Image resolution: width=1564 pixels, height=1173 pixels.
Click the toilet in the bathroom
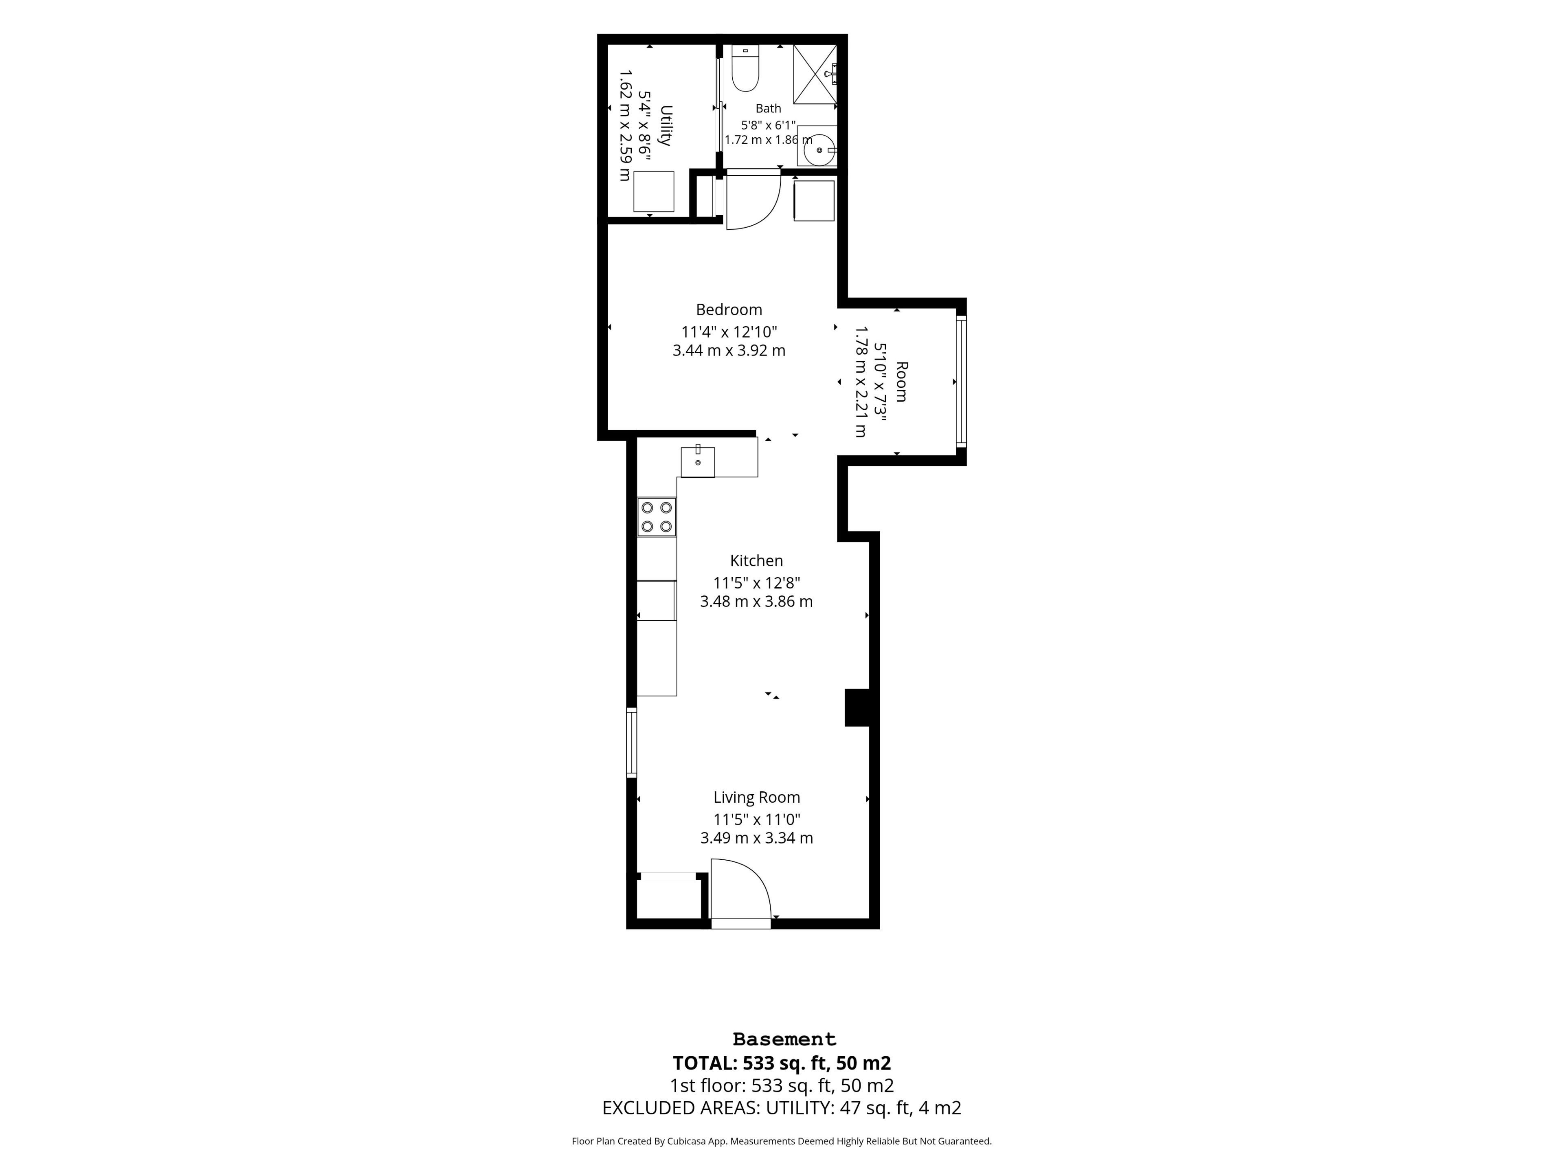(745, 68)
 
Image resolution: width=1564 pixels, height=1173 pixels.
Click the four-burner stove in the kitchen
(656, 517)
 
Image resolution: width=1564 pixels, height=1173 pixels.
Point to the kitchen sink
(698, 461)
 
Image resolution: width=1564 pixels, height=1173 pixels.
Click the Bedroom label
(729, 310)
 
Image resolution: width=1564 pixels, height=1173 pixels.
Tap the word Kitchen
(757, 561)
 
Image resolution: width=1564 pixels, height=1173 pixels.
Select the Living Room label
(757, 797)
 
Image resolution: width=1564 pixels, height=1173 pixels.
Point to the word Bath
(769, 108)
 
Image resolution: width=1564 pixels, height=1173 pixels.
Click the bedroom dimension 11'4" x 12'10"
(729, 332)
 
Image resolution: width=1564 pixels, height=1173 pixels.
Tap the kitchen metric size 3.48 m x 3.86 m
(757, 602)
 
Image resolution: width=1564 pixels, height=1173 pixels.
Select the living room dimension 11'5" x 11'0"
(757, 819)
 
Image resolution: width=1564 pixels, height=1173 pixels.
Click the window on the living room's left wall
(631, 742)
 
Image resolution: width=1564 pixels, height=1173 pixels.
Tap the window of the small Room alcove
(961, 381)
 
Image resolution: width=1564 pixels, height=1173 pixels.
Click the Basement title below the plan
(784, 1039)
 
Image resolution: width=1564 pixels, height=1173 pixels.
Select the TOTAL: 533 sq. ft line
(781, 1063)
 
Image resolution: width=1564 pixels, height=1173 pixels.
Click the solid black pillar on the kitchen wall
(857, 707)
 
